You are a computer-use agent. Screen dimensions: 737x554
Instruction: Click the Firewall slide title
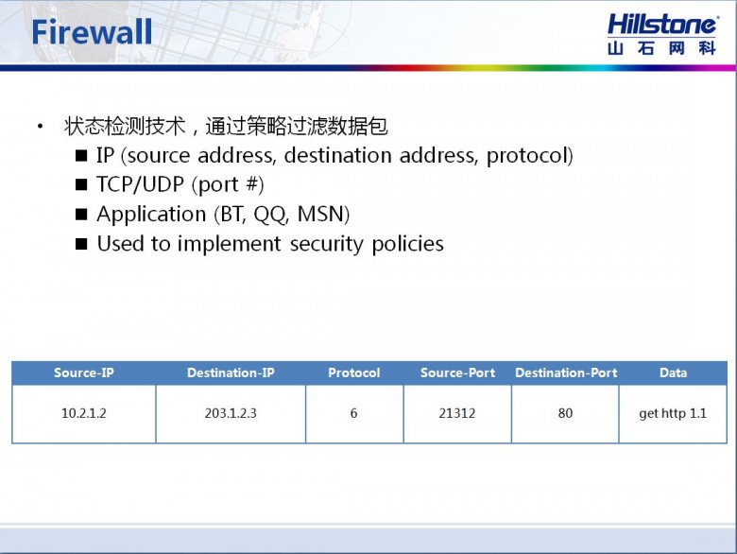92,32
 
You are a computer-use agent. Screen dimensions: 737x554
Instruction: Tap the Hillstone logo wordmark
661,25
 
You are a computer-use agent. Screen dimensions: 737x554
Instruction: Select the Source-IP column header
84,372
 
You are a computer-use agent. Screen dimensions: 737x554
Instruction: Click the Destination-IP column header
231,372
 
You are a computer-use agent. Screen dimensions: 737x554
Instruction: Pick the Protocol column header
354,372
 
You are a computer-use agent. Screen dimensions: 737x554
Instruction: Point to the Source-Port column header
457,372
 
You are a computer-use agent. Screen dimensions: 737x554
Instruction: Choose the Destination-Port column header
566,372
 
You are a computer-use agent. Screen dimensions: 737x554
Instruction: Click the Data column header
673,372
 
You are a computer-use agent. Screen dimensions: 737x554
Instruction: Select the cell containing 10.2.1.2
84,413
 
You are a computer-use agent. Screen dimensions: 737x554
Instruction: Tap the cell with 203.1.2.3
231,413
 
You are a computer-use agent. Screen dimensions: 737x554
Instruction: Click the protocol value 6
354,413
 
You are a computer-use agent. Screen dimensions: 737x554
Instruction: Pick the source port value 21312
457,413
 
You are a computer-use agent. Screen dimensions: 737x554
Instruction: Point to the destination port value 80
565,413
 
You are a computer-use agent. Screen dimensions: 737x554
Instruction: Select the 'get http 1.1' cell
673,413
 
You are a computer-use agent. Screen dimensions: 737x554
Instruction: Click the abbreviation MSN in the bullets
321,215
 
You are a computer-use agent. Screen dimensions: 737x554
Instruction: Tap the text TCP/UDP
140,184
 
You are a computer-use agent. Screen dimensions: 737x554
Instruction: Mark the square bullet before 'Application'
81,215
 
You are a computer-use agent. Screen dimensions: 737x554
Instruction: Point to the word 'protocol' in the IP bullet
526,156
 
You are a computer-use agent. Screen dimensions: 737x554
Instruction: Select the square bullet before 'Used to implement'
81,245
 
